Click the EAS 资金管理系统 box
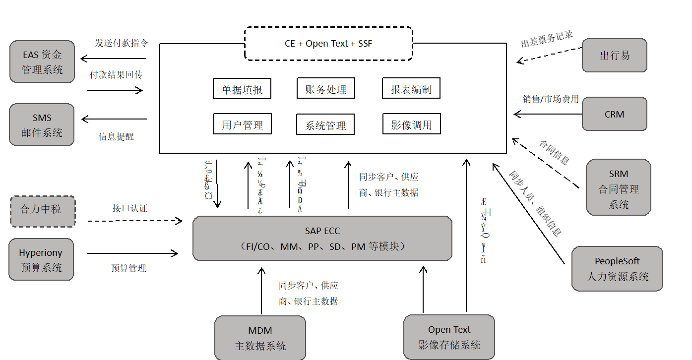(x=42, y=61)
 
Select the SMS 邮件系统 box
(x=42, y=125)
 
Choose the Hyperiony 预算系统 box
(x=42, y=260)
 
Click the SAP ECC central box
(x=322, y=238)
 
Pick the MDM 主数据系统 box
(x=260, y=338)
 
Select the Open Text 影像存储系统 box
(x=449, y=337)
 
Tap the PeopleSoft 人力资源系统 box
(x=617, y=268)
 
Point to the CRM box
(x=615, y=115)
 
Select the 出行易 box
(x=615, y=56)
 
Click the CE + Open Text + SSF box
(x=328, y=44)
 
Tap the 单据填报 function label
(x=242, y=90)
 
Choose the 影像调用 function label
(x=411, y=125)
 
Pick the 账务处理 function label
(x=326, y=89)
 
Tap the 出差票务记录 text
(x=547, y=40)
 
